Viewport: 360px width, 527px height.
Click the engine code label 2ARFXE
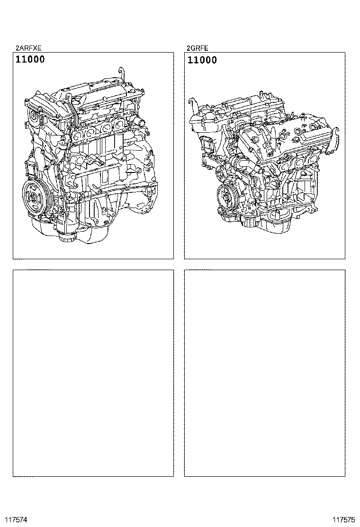28,48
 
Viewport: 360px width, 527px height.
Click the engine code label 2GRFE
198,48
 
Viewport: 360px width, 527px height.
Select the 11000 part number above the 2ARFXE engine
30,60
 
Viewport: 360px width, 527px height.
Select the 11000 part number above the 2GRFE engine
202,60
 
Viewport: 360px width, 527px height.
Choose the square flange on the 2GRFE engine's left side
208,144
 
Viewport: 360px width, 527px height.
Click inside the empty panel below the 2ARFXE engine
93,373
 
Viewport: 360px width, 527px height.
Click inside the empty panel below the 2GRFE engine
265,373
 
